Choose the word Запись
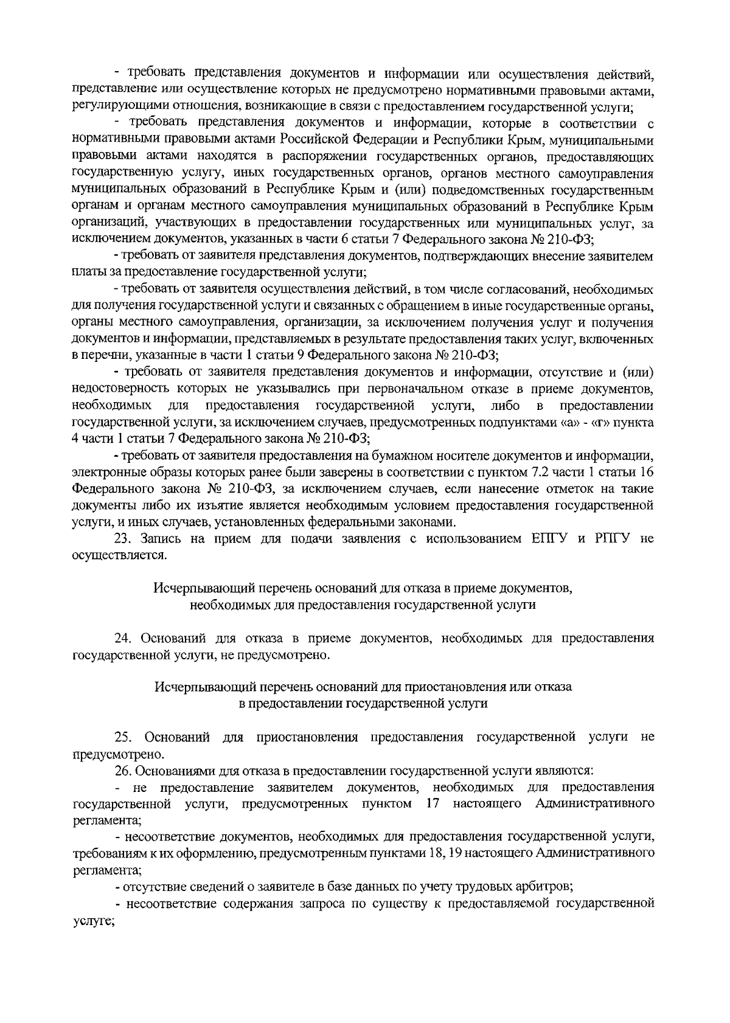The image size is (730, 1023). point(159,538)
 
